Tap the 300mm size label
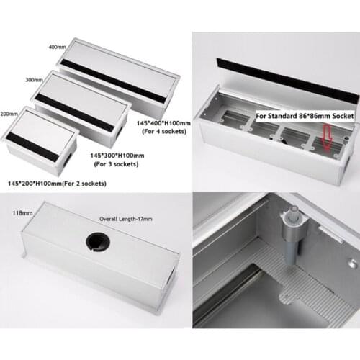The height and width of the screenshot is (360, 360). click(33, 81)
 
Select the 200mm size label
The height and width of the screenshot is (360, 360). click(11, 114)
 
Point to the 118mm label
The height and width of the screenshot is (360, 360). click(22, 214)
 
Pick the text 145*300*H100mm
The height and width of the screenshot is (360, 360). click(117, 156)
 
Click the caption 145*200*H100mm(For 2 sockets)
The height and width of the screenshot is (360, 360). click(56, 184)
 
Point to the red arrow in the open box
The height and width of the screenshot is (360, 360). click(330, 138)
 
